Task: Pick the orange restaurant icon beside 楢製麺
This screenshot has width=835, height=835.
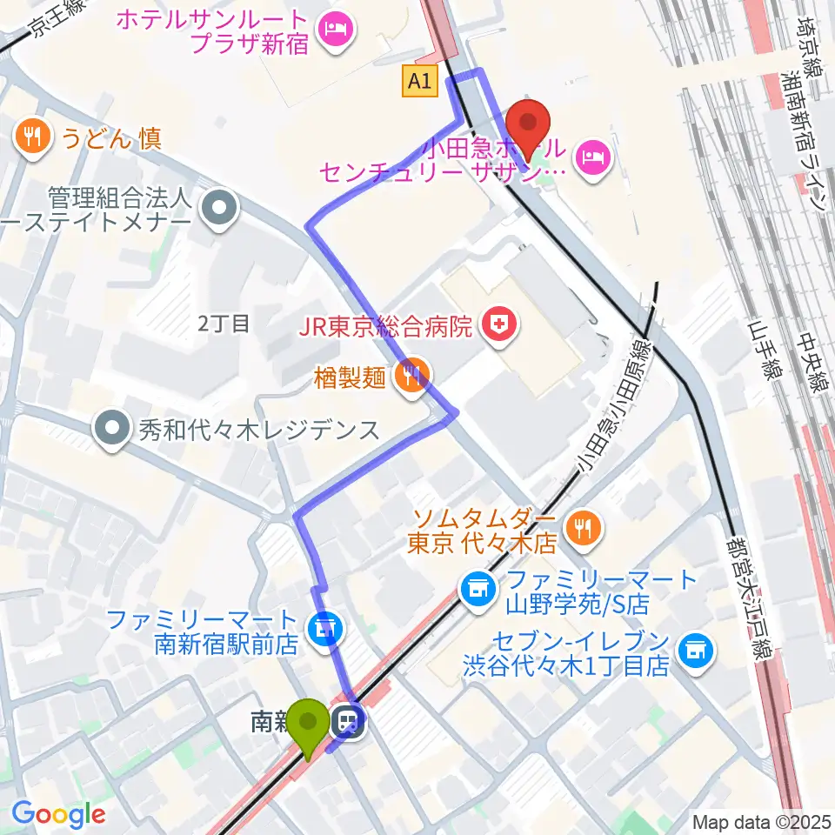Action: point(408,376)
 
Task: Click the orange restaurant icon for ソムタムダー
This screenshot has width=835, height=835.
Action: point(579,527)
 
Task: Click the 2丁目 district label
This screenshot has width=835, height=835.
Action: point(224,324)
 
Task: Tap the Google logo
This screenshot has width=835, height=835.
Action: point(58,814)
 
